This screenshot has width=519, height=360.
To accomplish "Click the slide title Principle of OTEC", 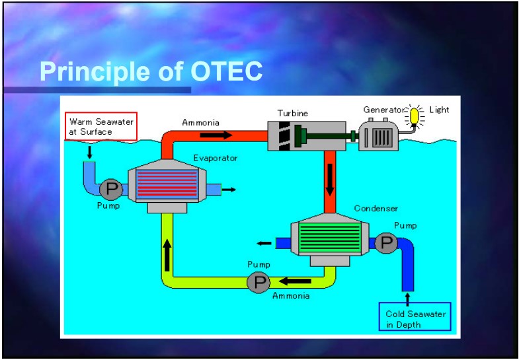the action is [151, 72].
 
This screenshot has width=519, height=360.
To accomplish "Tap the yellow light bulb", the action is [414, 116].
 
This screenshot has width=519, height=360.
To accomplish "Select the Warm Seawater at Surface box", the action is [101, 127].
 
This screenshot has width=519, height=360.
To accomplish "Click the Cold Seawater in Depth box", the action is [415, 316].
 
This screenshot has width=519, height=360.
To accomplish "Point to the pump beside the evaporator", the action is [111, 190].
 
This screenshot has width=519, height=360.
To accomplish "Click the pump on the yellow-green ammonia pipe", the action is [259, 282].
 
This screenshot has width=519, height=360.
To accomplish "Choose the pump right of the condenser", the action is [386, 243].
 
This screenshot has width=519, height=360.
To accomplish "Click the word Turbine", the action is [293, 114].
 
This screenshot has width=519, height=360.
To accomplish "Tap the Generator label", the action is [384, 110].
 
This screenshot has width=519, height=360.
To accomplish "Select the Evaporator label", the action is [216, 158].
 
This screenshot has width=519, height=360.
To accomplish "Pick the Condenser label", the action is [376, 208].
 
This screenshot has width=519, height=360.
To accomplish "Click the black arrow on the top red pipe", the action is [216, 135].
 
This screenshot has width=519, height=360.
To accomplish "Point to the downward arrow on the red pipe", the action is [330, 180].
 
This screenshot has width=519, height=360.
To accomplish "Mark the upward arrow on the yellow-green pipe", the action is [167, 255].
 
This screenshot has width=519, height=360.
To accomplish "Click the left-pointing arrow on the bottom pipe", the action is [295, 281].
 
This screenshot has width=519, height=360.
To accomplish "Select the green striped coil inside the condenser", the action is [330, 237].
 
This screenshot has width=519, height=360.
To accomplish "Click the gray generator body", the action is [379, 135].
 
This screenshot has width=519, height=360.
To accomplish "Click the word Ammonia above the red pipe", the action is [200, 123].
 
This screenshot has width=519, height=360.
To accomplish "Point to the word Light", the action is [439, 110].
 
